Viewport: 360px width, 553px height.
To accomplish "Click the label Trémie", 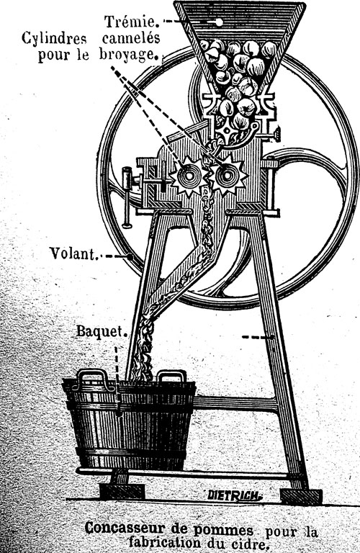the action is click(x=131, y=22).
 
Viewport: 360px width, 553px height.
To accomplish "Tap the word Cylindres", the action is click(x=54, y=38).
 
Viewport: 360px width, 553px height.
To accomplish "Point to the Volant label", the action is click(x=73, y=253).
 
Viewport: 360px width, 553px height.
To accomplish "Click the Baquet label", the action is click(x=102, y=331).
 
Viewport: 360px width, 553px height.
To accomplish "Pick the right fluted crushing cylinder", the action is click(x=227, y=175).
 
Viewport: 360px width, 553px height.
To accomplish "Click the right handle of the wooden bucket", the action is click(x=171, y=376).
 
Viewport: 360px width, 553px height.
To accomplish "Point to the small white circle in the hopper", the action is click(x=219, y=22).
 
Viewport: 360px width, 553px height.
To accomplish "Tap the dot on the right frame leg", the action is click(x=272, y=337).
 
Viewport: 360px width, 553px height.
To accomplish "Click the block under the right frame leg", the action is click(x=301, y=497).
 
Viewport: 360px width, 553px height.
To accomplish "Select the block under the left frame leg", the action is click(x=122, y=491).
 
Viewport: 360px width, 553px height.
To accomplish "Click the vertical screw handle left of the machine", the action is click(x=127, y=197).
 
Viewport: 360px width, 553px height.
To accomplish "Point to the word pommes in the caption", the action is click(x=223, y=531).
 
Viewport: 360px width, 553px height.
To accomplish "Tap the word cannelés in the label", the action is click(x=131, y=37).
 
